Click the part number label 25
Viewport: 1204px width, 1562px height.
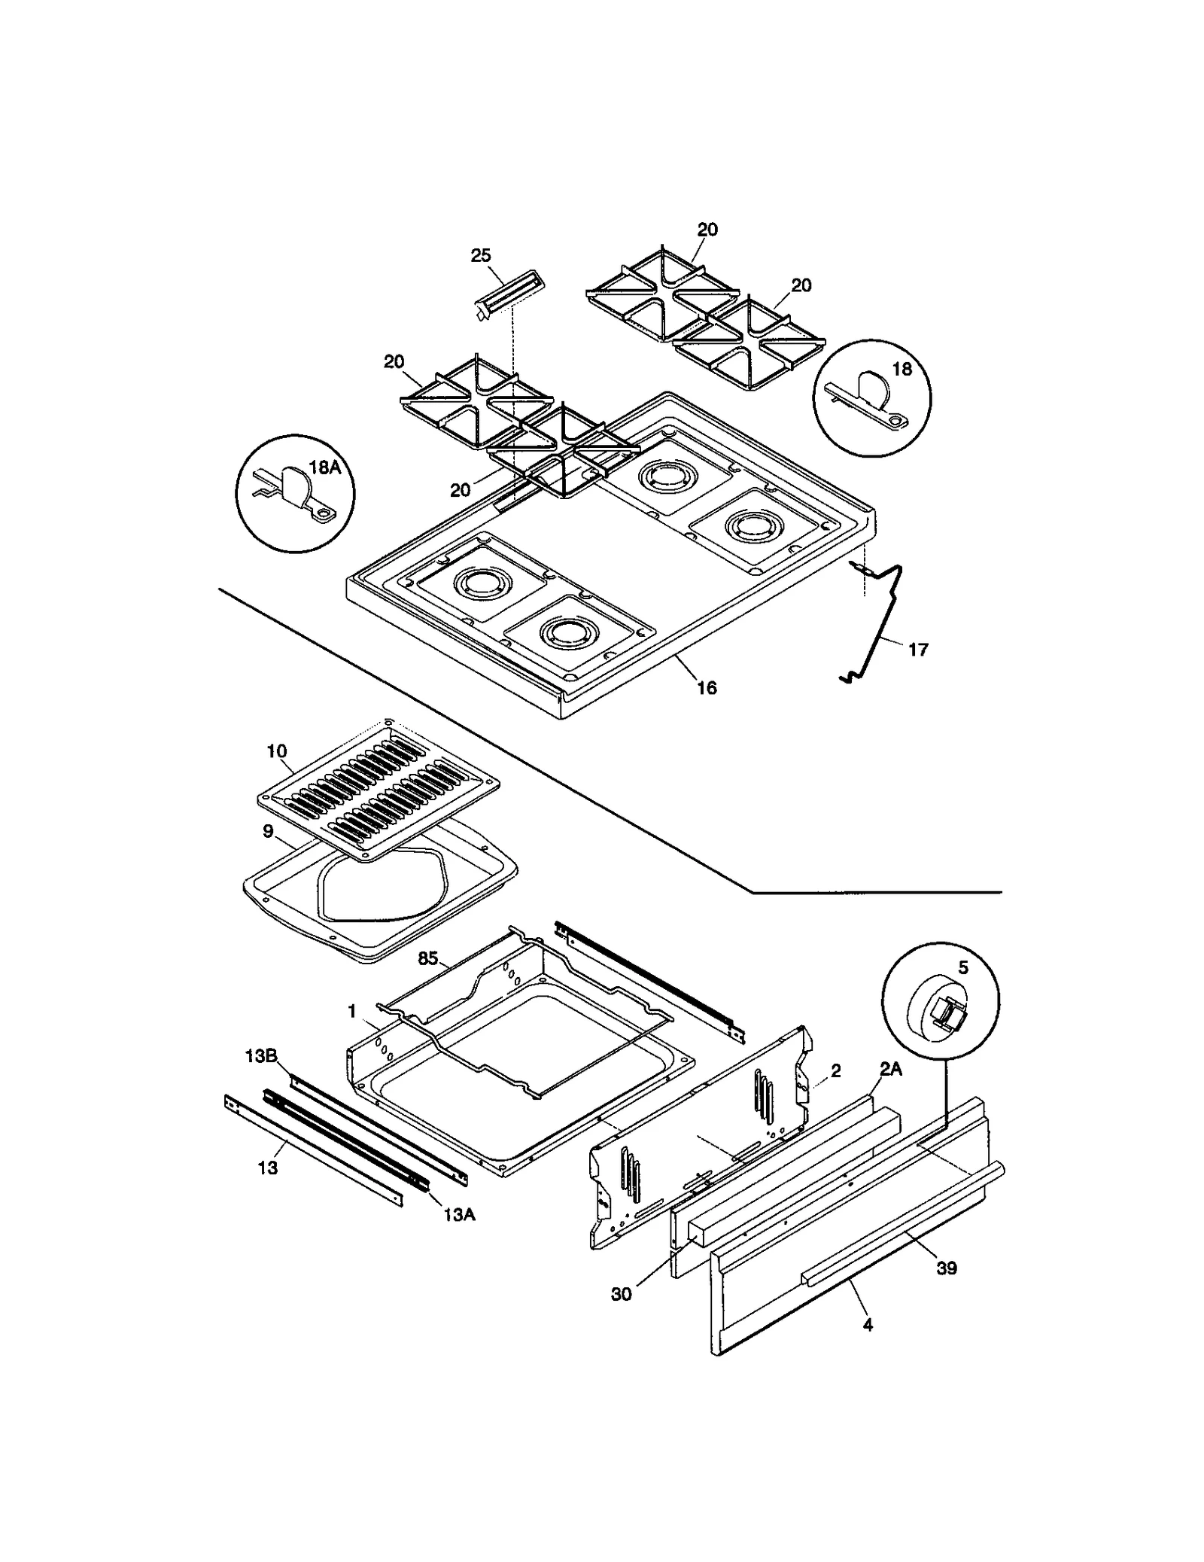click(x=480, y=256)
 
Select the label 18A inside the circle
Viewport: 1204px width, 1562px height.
click(x=325, y=467)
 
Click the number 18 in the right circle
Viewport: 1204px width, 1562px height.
click(x=901, y=369)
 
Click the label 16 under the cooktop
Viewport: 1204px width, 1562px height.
click(x=707, y=687)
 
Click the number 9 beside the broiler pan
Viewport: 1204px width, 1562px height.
click(x=268, y=832)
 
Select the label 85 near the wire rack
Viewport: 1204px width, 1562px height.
click(x=427, y=959)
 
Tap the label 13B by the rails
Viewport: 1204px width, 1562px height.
click(x=260, y=1056)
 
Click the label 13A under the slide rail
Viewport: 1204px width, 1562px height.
click(x=458, y=1214)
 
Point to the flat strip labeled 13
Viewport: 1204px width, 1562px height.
click(x=316, y=1152)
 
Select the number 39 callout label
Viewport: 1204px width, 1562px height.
click(x=946, y=1268)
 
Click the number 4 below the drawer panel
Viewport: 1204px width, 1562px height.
click(x=868, y=1325)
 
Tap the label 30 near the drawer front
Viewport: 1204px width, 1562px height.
click(x=622, y=1295)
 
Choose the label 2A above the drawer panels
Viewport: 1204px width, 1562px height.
click(x=891, y=1068)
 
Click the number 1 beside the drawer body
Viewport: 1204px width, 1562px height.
click(x=351, y=1012)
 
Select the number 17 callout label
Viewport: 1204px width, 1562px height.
click(x=918, y=650)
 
